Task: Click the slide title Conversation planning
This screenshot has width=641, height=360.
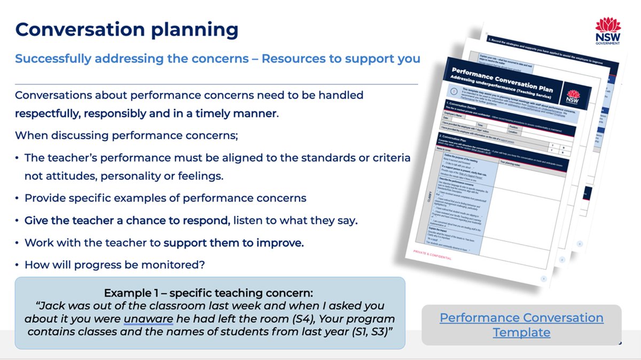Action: pyautogui.click(x=127, y=30)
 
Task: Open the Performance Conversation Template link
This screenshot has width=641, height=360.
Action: pyautogui.click(x=521, y=325)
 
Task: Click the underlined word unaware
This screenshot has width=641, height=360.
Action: pyautogui.click(x=148, y=319)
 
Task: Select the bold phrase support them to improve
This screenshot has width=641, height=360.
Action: pyautogui.click(x=233, y=242)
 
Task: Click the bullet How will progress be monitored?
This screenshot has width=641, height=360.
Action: pyautogui.click(x=115, y=264)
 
